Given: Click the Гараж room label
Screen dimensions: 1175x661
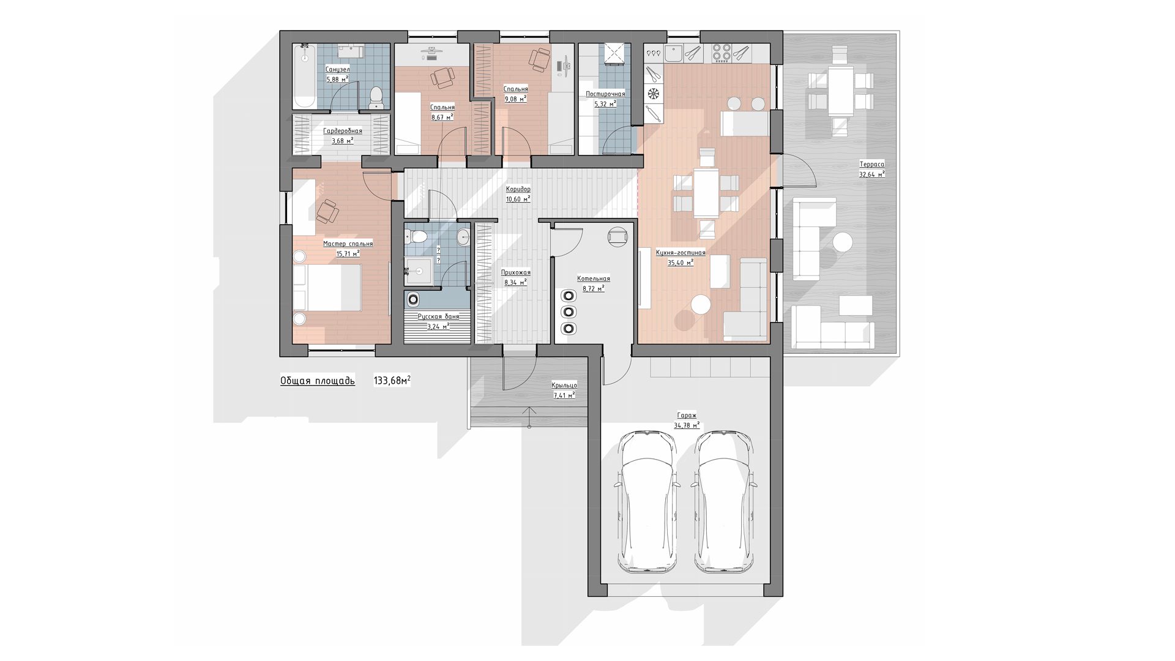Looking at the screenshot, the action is click(x=687, y=415).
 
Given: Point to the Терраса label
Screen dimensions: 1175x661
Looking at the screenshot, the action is click(x=871, y=164).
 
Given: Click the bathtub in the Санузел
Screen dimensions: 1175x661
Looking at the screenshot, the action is click(x=304, y=76).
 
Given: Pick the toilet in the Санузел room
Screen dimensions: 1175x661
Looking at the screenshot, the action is click(x=376, y=98).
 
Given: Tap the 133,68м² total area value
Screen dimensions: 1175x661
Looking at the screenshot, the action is click(x=392, y=381).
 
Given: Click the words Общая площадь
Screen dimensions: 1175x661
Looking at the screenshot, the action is click(x=318, y=381).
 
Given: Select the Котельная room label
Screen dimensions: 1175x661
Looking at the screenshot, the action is click(x=594, y=278).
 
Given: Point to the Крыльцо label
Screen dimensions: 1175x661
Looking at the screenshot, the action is click(x=564, y=385).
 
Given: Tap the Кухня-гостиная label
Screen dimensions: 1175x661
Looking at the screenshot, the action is click(x=681, y=252).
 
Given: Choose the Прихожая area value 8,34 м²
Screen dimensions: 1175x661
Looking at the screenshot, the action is click(x=515, y=283).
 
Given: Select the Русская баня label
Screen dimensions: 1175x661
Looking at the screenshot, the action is click(x=438, y=316).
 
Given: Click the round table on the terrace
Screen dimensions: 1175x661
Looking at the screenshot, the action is click(x=843, y=242).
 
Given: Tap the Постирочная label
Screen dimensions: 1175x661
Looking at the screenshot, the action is click(x=605, y=94).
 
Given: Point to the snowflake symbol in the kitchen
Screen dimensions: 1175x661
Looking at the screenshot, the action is click(x=654, y=94).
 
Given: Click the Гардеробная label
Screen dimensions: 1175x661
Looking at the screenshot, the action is click(x=343, y=130).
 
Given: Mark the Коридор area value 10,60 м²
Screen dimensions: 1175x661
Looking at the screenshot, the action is click(x=518, y=199).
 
